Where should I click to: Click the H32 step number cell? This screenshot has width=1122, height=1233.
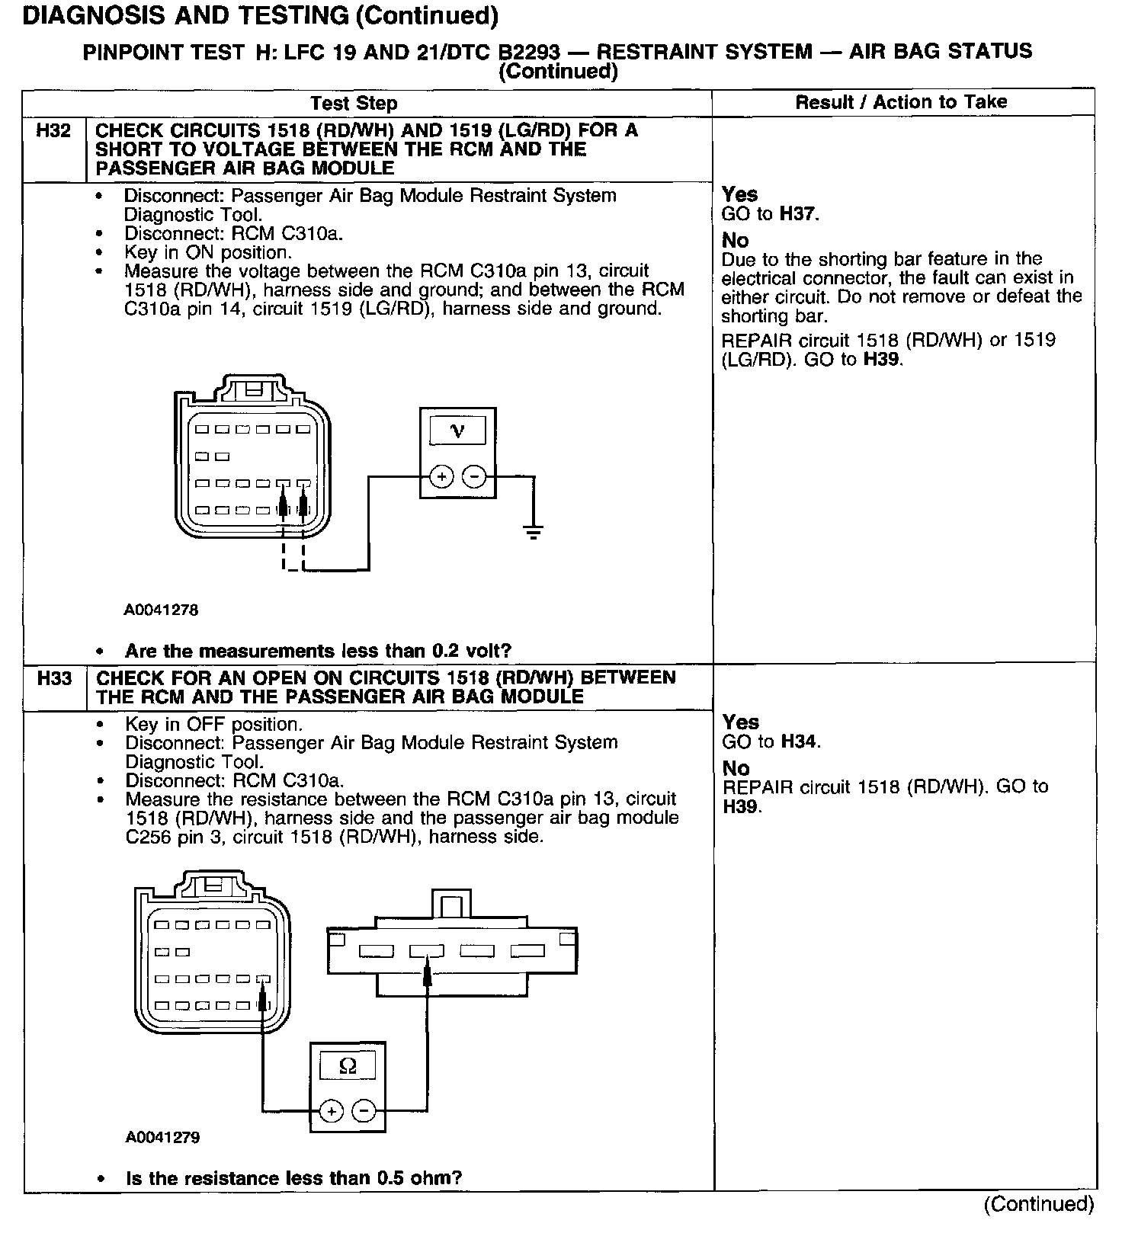pos(53,131)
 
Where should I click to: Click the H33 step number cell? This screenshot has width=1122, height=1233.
pos(54,678)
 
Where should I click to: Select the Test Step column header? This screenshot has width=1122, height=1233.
pos(354,104)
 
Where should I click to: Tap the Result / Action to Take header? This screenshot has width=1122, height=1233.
pos(901,102)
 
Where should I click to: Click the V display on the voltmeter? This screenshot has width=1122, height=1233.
pos(457,431)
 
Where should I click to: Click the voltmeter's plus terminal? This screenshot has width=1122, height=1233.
pos(441,477)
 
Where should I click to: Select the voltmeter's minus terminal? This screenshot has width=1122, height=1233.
pos(474,477)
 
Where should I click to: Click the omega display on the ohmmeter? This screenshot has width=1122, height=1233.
pos(348,1066)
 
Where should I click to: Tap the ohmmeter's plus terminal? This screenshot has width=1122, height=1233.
pos(331,1112)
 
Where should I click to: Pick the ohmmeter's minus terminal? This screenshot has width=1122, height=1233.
pos(364,1112)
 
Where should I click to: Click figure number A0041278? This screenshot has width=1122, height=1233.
pos(162,610)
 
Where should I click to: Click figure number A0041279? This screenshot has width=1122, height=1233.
pos(162,1138)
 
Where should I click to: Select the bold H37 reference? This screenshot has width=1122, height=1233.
pos(798,214)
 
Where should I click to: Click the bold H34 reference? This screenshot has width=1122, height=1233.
pos(800,741)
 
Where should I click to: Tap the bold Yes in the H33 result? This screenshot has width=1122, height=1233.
pos(740,722)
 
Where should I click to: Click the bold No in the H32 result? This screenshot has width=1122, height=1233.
pos(736,240)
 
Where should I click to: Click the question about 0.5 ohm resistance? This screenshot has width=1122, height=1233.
pos(293,1178)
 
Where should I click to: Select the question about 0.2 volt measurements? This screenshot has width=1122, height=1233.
pos(318,651)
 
